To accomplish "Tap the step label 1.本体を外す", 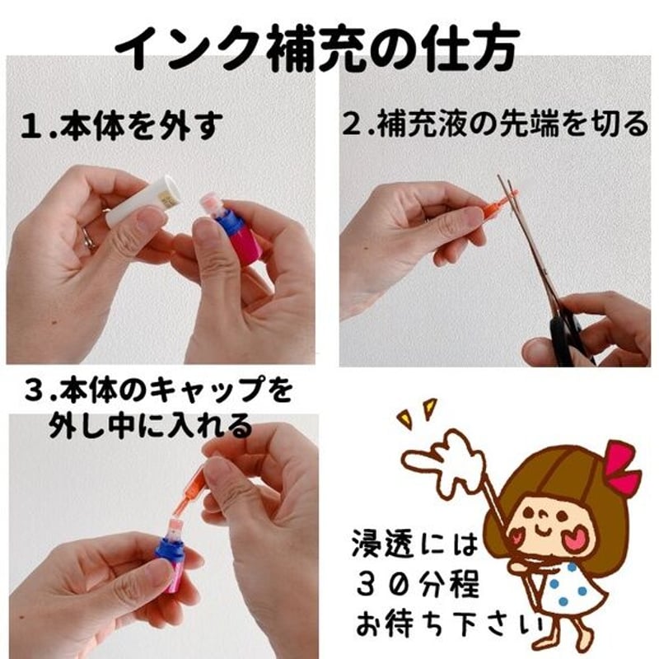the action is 121,125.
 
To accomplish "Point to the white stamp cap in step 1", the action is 144,200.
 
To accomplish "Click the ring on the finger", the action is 89,239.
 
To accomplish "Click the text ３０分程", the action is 418,585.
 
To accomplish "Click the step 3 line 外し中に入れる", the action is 151,426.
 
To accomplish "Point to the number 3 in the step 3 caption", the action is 33,390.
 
